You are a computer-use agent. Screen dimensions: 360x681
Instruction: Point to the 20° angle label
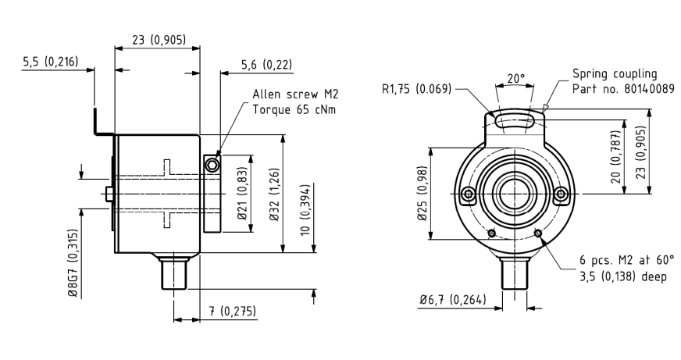516,79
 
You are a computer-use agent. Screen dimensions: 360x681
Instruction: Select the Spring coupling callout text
615,73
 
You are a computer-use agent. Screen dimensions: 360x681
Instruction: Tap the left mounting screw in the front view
468,193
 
